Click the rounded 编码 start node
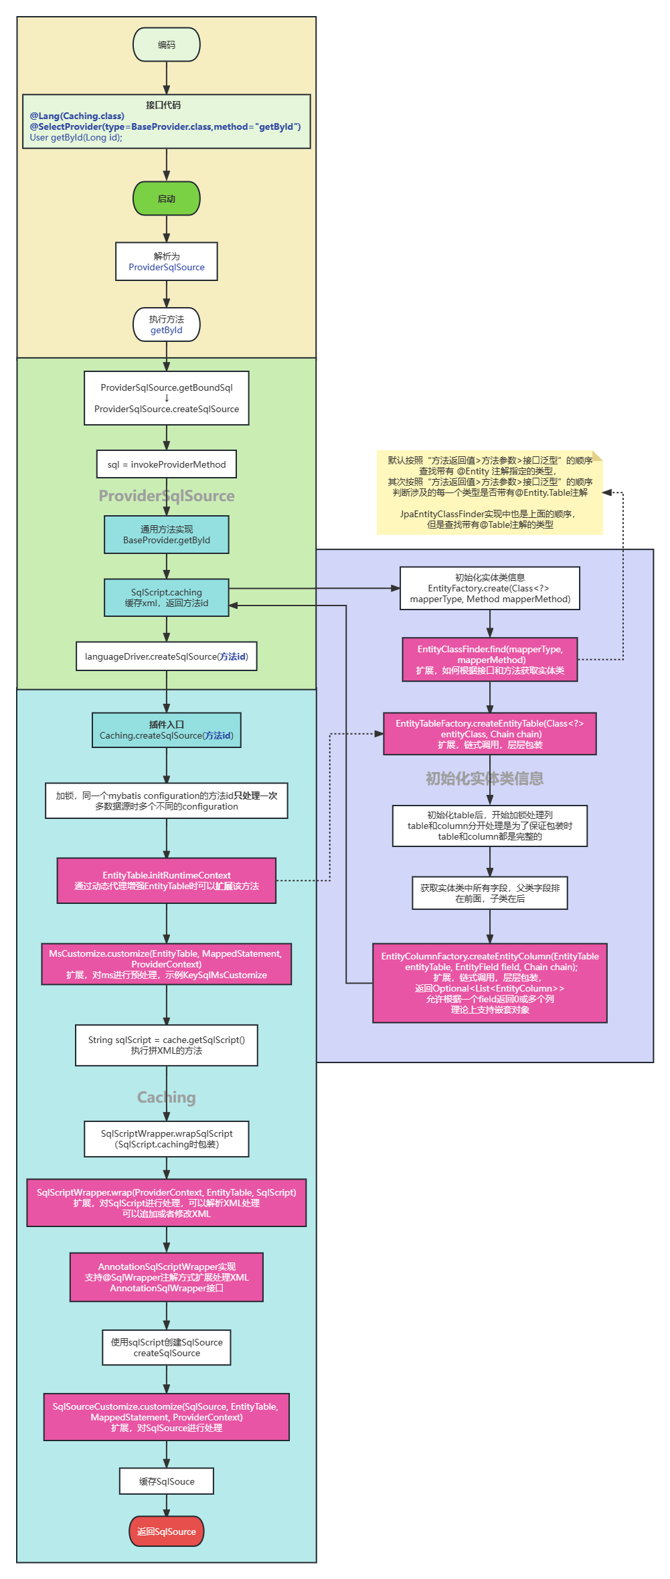[167, 45]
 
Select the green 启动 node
[167, 199]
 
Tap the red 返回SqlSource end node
[167, 1531]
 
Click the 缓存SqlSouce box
[167, 1481]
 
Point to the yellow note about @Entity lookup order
[489, 492]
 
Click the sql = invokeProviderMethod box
[167, 464]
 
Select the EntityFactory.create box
[489, 588]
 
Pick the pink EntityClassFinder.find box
[489, 660]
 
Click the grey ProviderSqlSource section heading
[167, 496]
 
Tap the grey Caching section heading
[167, 1097]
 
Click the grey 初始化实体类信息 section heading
[485, 778]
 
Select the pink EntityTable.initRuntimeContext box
[167, 880]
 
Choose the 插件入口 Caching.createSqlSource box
[167, 730]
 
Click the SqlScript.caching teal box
[167, 597]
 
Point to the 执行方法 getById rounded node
[167, 324]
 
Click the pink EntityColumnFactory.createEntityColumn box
[489, 983]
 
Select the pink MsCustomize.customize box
[167, 964]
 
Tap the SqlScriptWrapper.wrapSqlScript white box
[167, 1139]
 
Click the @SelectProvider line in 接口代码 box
[165, 126]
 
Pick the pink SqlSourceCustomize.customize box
[167, 1417]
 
